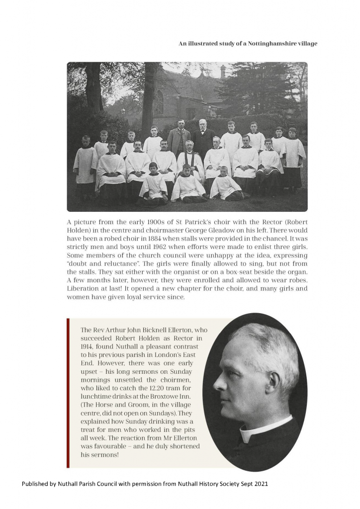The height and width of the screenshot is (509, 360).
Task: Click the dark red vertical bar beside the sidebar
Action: click(68, 393)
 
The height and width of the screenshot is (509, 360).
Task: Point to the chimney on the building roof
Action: click(223, 71)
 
